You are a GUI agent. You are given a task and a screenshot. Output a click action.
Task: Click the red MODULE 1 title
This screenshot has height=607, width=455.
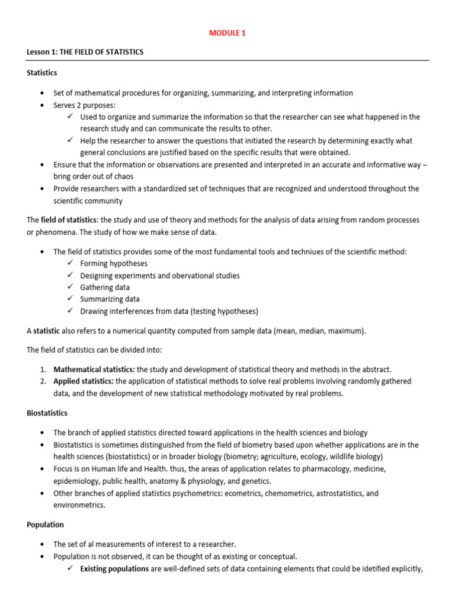[227, 33]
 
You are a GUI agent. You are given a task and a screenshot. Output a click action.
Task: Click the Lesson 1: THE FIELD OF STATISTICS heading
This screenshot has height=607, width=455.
[85, 52]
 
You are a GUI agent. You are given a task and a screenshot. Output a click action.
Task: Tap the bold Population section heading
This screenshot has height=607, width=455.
[45, 525]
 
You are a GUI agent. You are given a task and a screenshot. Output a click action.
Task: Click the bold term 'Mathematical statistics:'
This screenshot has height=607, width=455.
[94, 369]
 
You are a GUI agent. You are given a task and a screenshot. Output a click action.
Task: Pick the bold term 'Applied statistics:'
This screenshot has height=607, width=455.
[84, 381]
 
